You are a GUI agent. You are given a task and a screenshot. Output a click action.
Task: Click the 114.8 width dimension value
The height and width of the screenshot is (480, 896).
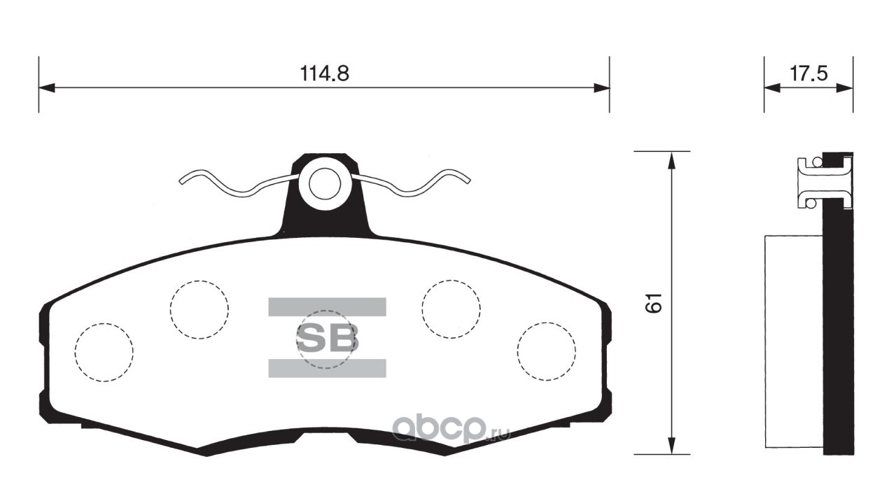(x=324, y=73)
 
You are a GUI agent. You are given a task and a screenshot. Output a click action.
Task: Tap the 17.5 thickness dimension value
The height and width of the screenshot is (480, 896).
(x=808, y=73)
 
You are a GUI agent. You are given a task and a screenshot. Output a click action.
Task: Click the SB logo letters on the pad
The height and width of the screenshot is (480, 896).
(x=327, y=338)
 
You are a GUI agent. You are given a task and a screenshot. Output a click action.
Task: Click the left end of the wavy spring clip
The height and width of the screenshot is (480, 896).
(x=181, y=182)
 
